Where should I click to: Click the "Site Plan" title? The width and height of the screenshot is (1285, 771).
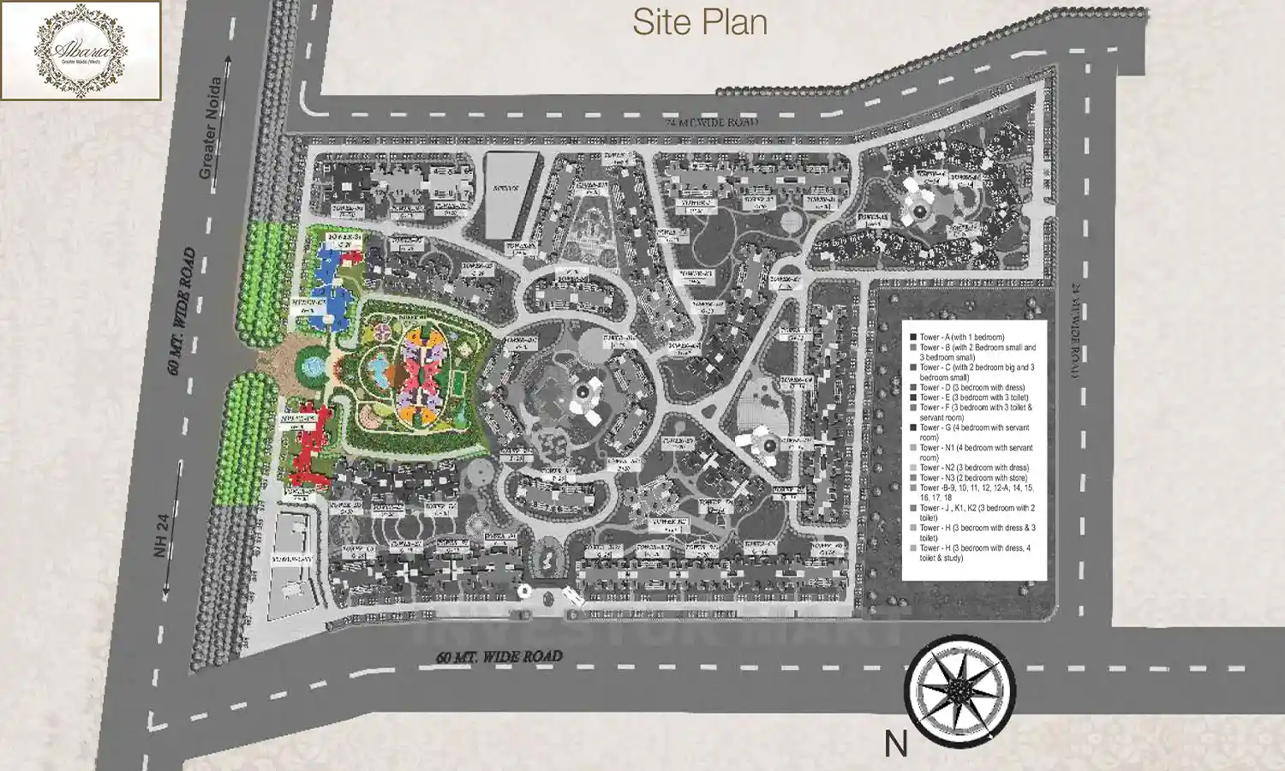pyautogui.click(x=699, y=23)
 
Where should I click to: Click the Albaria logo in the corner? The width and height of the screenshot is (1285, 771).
pyautogui.click(x=81, y=51)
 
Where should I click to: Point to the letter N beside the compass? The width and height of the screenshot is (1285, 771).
pyautogui.click(x=896, y=744)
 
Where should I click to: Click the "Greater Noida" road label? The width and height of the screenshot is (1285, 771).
pyautogui.click(x=211, y=128)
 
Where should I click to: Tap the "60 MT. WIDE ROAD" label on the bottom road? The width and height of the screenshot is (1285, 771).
pyautogui.click(x=499, y=657)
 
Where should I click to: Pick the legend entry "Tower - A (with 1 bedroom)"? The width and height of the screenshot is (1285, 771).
pyautogui.click(x=961, y=338)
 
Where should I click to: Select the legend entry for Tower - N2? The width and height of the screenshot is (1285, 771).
pyautogui.click(x=974, y=468)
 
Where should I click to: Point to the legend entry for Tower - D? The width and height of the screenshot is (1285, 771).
pyautogui.click(x=971, y=387)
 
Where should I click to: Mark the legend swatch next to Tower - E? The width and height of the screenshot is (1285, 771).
pyautogui.click(x=913, y=397)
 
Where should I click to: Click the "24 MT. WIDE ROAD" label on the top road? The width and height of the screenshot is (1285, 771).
pyautogui.click(x=712, y=123)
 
